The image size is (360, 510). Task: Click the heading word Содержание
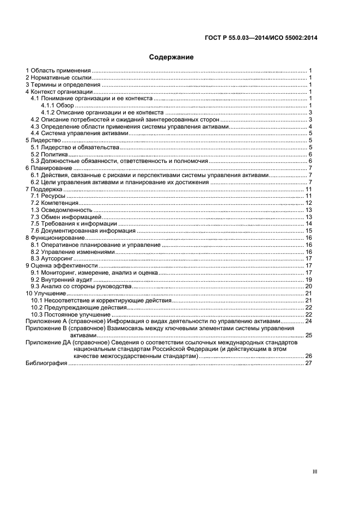171,57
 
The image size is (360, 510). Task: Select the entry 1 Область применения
58,71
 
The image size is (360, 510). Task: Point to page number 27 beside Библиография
308,363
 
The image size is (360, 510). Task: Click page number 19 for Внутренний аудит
308,279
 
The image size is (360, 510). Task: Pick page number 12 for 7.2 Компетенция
308,203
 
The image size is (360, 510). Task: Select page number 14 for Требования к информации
308,223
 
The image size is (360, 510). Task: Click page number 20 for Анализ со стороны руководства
308,286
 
